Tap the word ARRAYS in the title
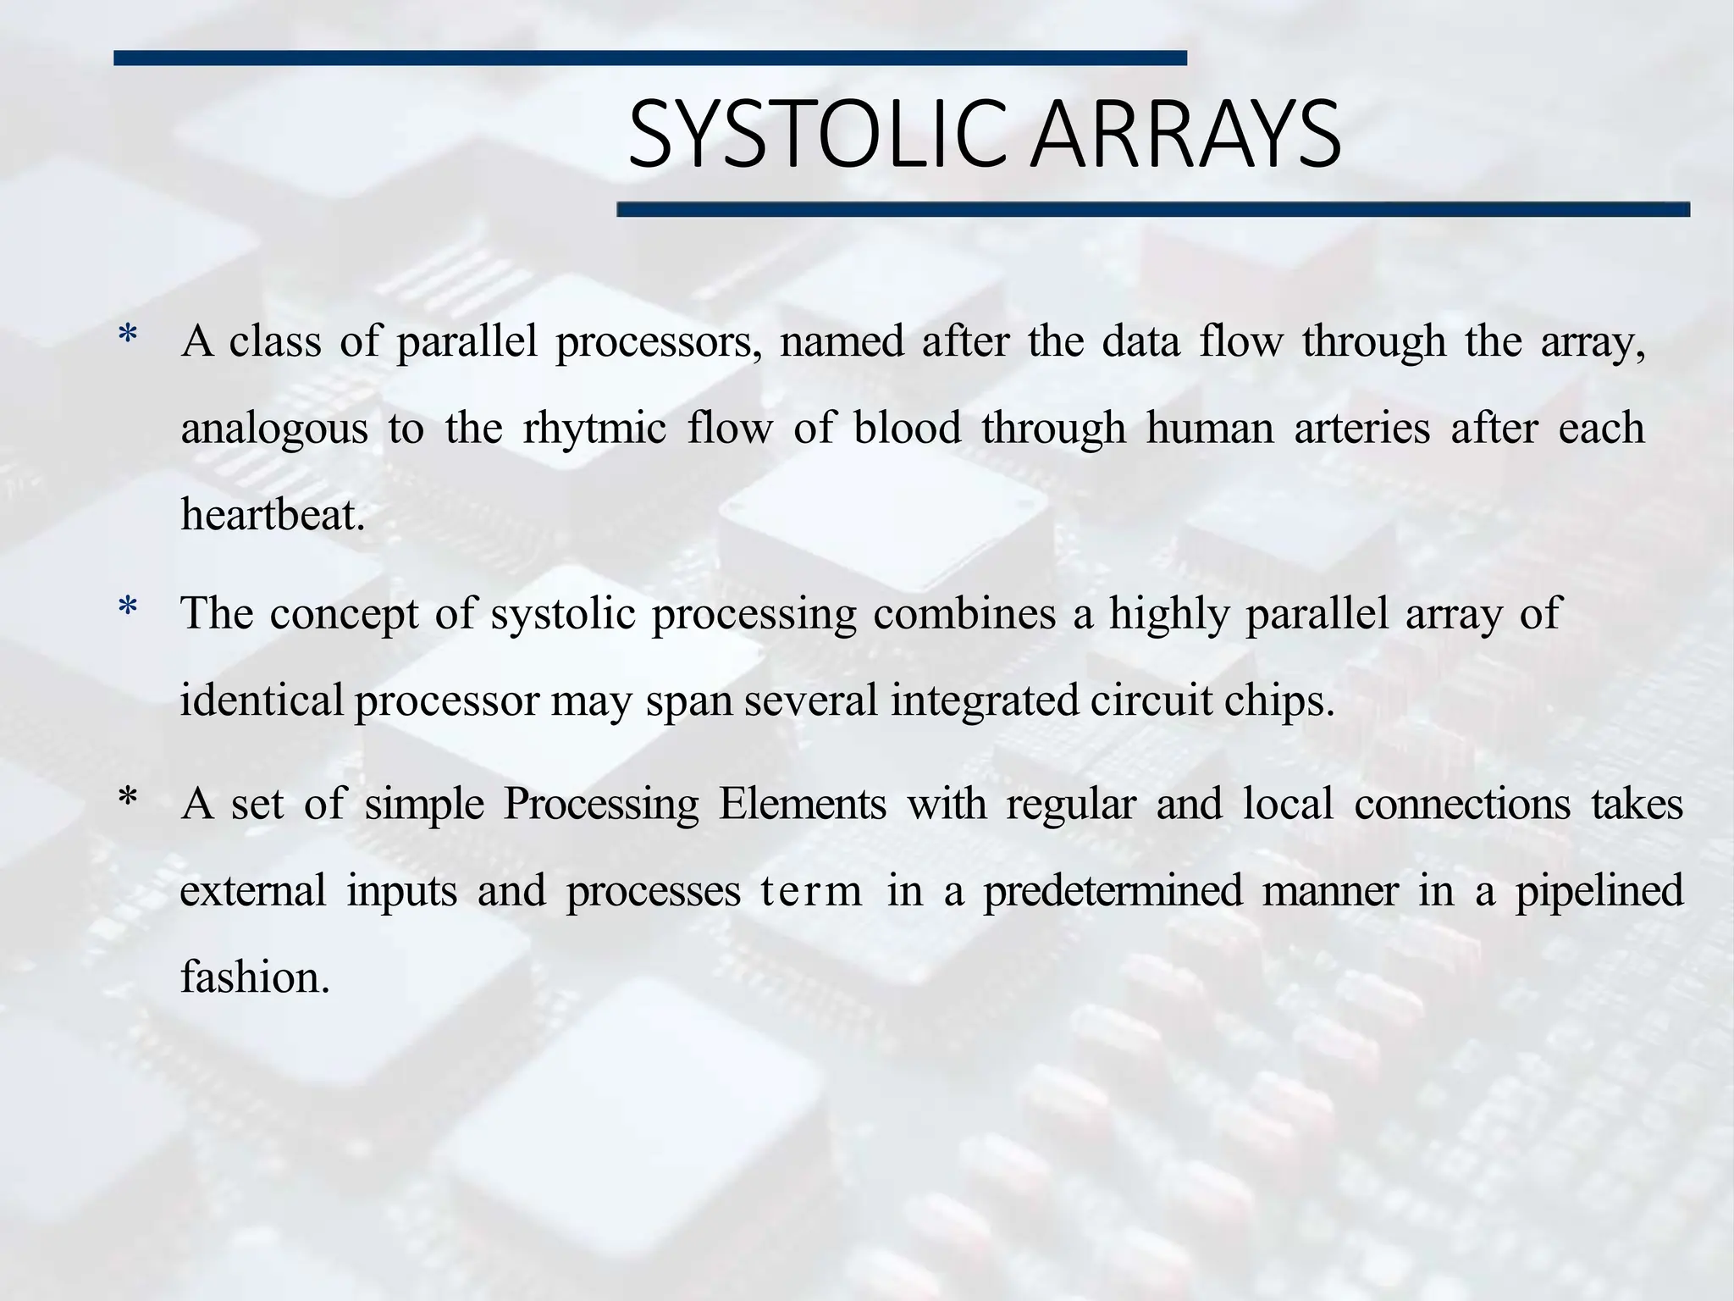pyautogui.click(x=1185, y=135)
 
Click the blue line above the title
pyautogui.click(x=649, y=58)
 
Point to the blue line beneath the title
pyautogui.click(x=1152, y=209)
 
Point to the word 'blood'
pyautogui.click(x=907, y=427)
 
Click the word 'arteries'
pyautogui.click(x=1362, y=427)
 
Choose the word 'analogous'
pyautogui.click(x=274, y=429)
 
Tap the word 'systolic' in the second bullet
pyautogui.click(x=562, y=613)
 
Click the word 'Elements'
pyautogui.click(x=802, y=803)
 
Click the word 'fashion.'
pyautogui.click(x=255, y=977)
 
